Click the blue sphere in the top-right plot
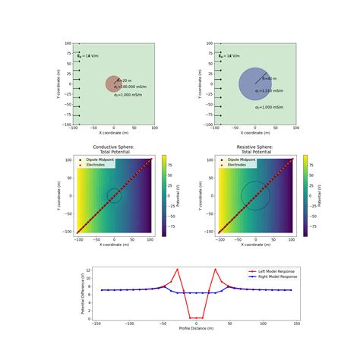[254, 84]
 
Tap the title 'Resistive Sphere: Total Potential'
[255, 149]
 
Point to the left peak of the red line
[177, 269]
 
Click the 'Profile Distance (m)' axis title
[196, 328]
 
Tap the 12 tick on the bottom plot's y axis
[90, 270]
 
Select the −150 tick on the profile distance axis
[96, 323]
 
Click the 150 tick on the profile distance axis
[295, 323]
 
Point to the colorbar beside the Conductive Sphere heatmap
[163, 195]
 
